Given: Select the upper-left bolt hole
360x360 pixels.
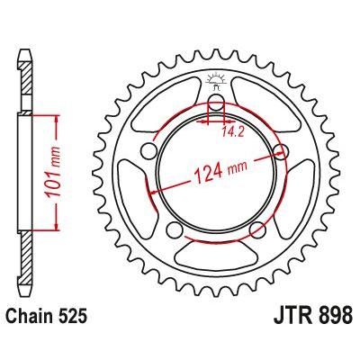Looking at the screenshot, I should [x=145, y=150].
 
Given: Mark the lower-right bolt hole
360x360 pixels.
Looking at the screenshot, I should [x=258, y=227].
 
